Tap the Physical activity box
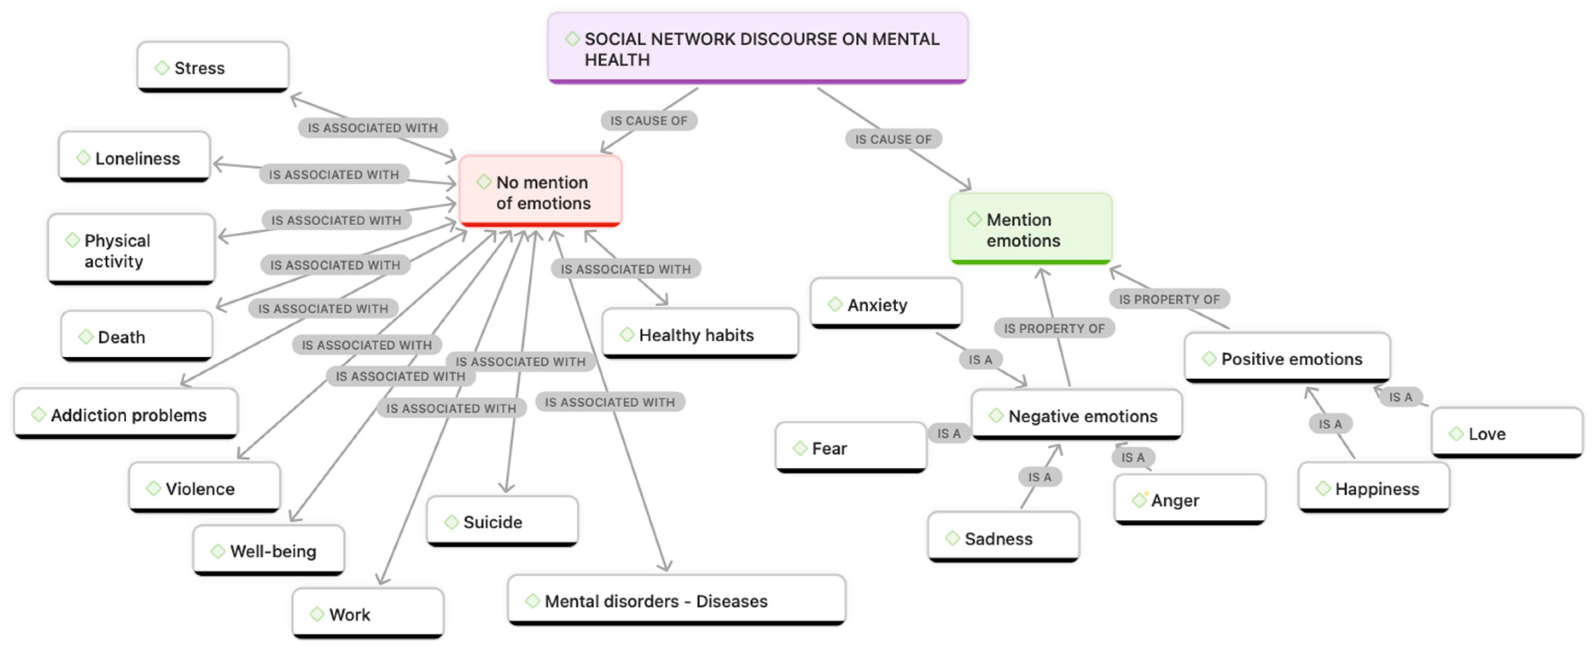pyautogui.click(x=131, y=250)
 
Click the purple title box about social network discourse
pyautogui.click(x=757, y=48)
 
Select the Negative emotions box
pyautogui.click(x=1076, y=415)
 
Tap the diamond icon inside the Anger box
pyautogui.click(x=1139, y=500)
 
